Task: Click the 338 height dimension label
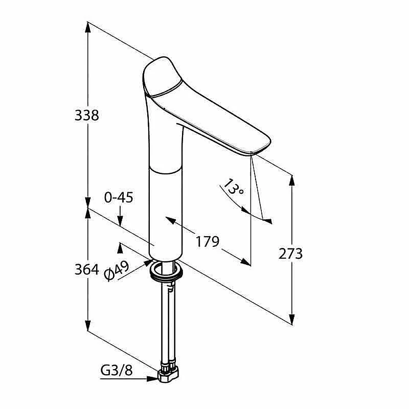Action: click(x=86, y=116)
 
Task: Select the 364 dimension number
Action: click(x=86, y=269)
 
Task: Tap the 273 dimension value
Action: click(x=290, y=254)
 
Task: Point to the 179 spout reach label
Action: click(x=208, y=241)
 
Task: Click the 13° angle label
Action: click(x=234, y=187)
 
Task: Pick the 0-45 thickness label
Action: click(x=119, y=197)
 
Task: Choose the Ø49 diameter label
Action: click(x=117, y=271)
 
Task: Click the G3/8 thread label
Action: click(x=117, y=370)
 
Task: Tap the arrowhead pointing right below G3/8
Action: click(x=152, y=379)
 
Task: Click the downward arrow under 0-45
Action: click(x=120, y=216)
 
